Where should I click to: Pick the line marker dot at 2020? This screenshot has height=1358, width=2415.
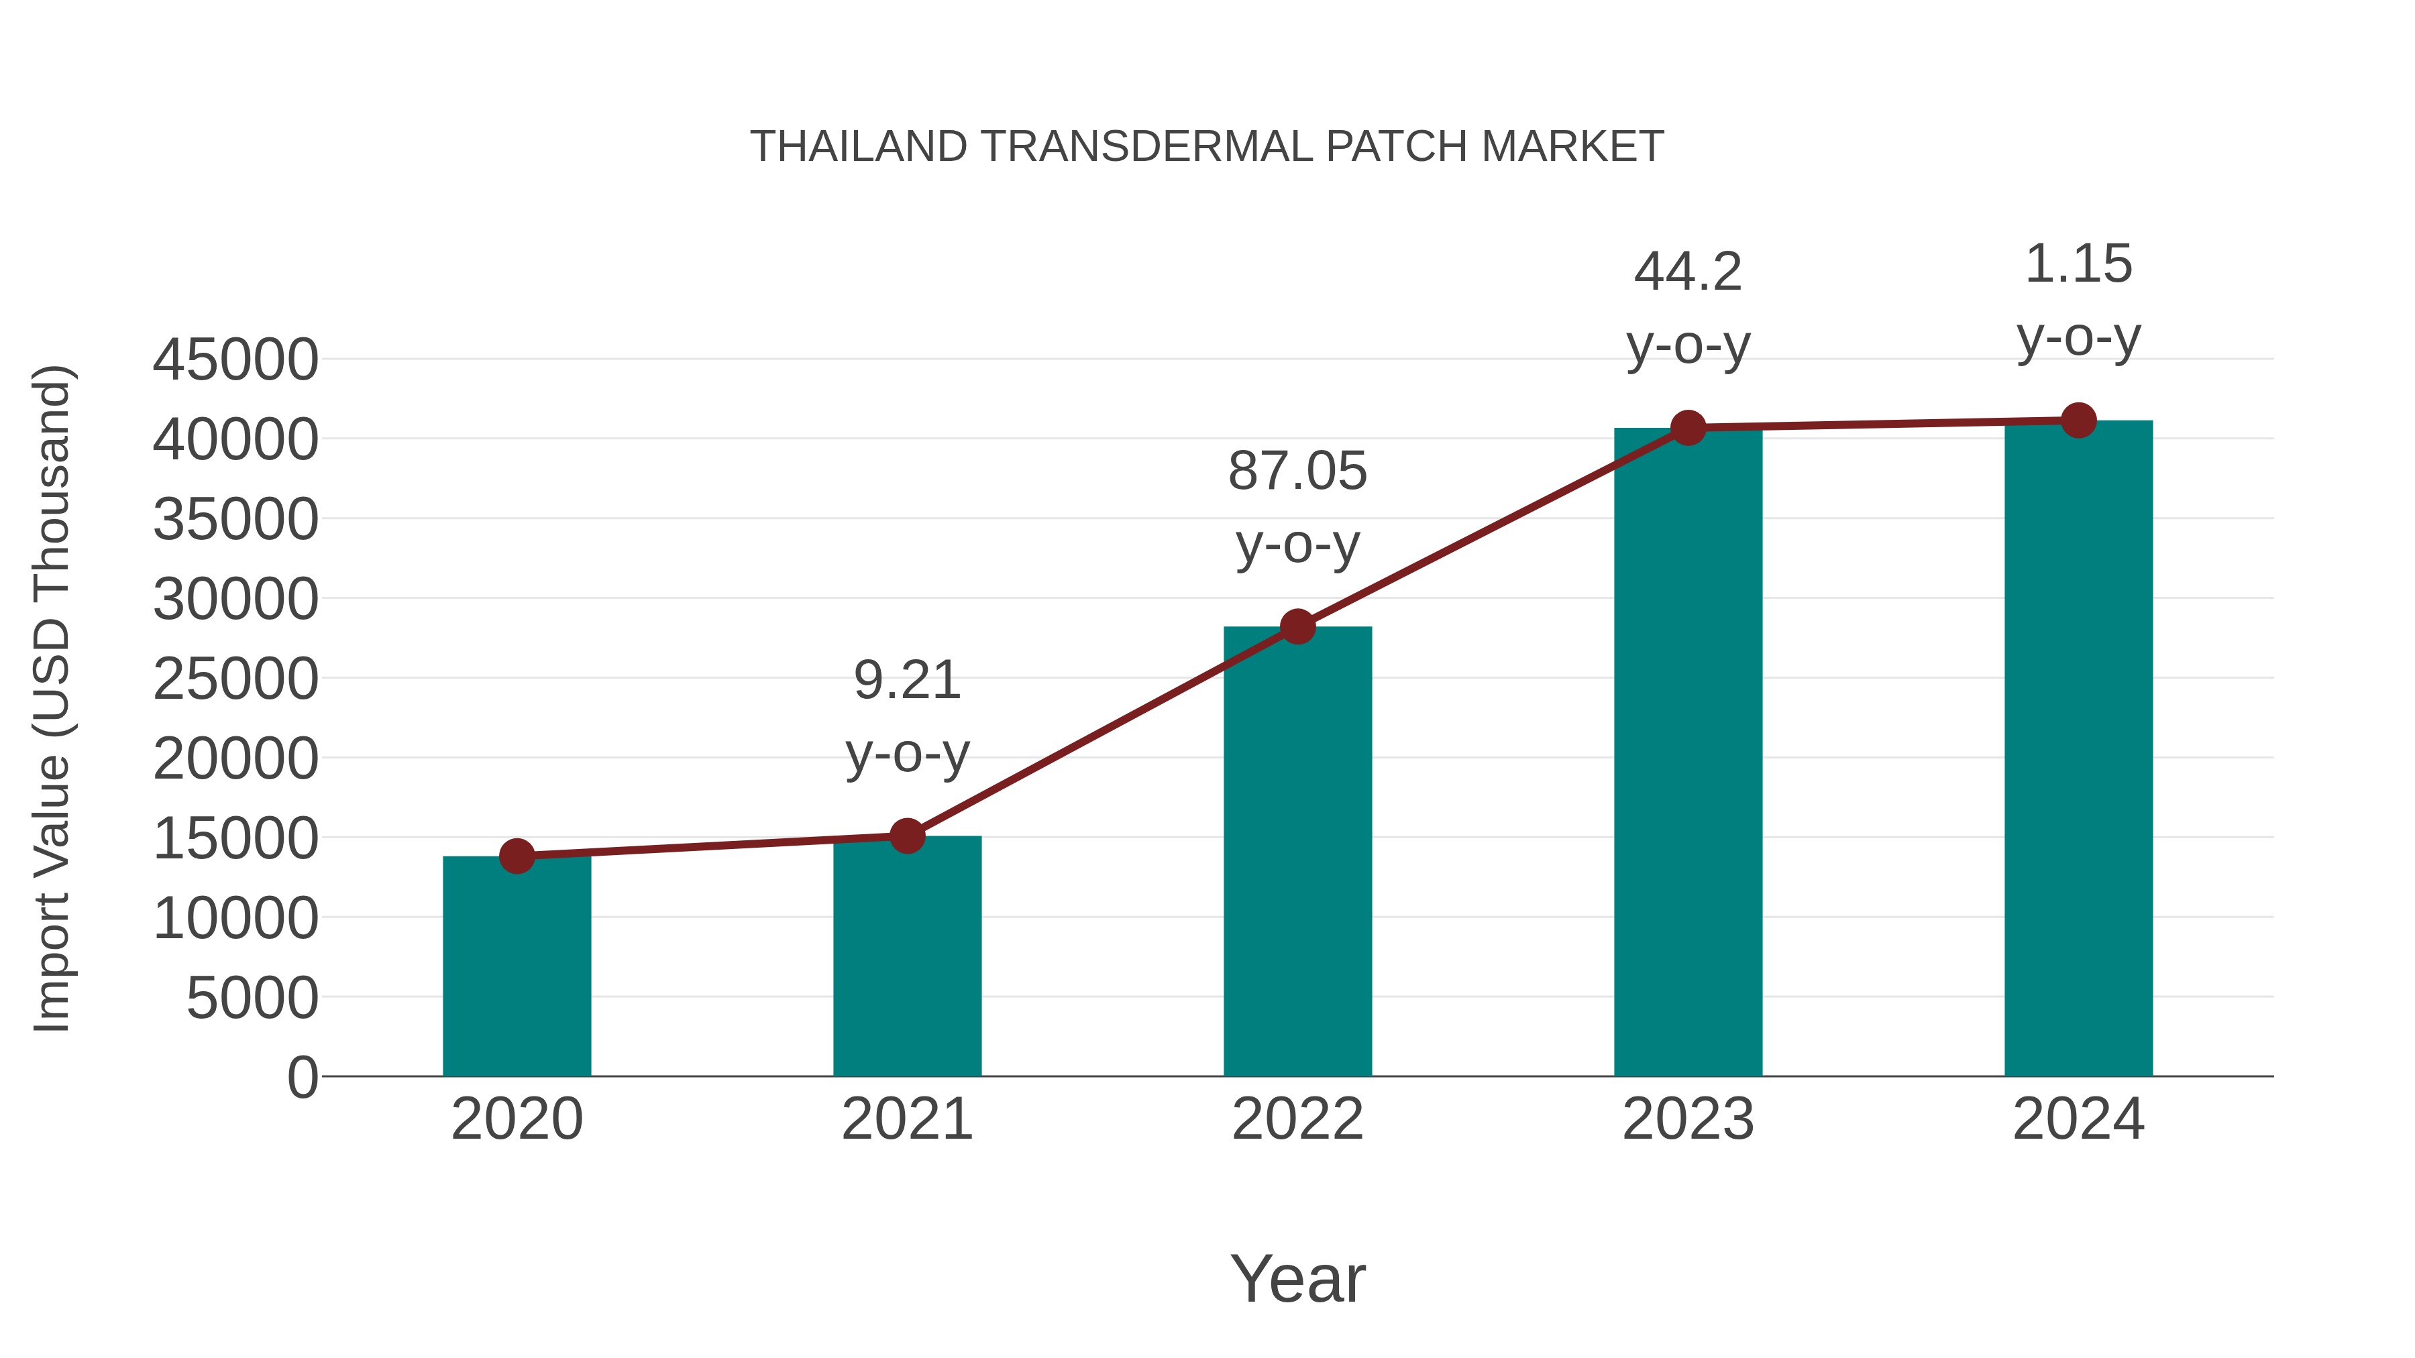pyautogui.click(x=517, y=856)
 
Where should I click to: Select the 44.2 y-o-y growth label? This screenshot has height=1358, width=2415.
pyautogui.click(x=1688, y=308)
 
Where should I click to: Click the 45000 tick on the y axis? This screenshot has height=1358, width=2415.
pyautogui.click(x=235, y=360)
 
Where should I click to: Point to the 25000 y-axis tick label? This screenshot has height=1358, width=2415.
pyautogui.click(x=235, y=679)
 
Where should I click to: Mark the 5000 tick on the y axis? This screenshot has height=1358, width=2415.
pyautogui.click(x=252, y=998)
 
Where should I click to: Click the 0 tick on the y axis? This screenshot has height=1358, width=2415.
pyautogui.click(x=303, y=1077)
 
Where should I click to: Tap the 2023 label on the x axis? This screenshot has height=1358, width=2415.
pyautogui.click(x=1688, y=1119)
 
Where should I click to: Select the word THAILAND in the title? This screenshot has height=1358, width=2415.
pyautogui.click(x=858, y=147)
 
